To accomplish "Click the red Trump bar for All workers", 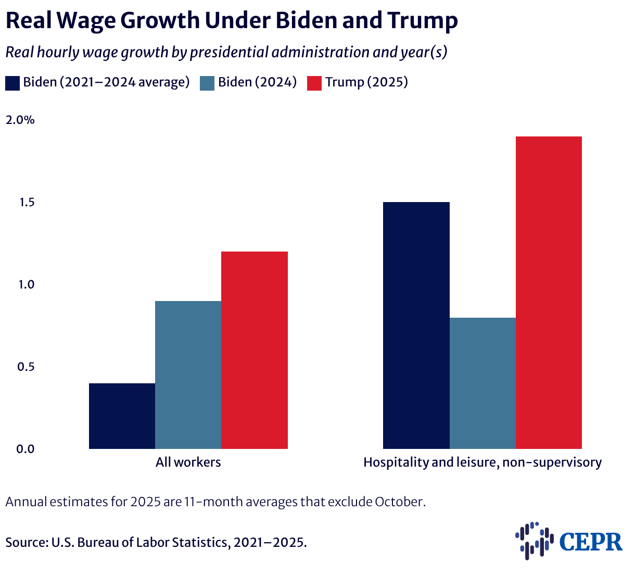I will [255, 350].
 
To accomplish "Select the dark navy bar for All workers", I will [122, 416].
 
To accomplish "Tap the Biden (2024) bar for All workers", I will [188, 375].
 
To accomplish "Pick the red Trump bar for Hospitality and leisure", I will [549, 293].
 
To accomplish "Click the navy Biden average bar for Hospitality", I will [416, 325].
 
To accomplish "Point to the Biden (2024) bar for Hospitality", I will [482, 383].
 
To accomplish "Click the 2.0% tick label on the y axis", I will [20, 120].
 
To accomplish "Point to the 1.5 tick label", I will [25, 203].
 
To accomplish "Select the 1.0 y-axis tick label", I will [25, 285].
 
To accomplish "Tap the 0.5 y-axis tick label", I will [25, 367].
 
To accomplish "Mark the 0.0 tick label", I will [25, 449].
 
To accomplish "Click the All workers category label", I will [188, 462].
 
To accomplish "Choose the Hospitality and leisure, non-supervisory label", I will [482, 462].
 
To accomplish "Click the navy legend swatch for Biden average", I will [12, 83].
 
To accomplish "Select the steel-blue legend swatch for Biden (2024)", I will [207, 83].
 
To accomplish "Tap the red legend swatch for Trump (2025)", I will [314, 83].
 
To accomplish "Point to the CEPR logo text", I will [591, 542].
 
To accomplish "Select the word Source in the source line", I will [25, 542].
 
